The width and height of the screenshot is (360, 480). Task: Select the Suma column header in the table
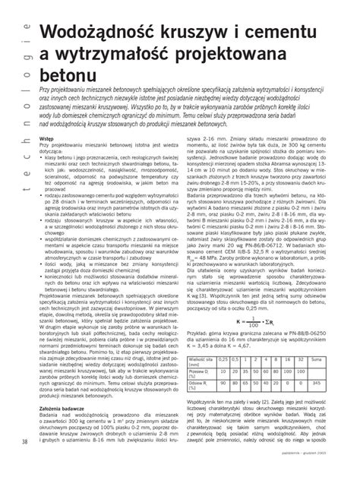[x=316, y=359]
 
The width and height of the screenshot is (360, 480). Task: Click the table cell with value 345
[x=316, y=384]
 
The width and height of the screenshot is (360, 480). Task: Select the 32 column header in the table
[x=301, y=359]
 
